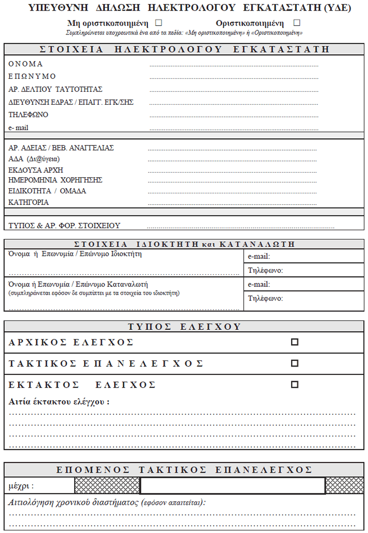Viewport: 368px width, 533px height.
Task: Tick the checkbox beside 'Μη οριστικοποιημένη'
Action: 158,22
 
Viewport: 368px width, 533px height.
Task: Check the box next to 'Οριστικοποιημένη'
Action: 297,22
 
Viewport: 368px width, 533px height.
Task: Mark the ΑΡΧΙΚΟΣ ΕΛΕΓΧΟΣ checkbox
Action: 295,342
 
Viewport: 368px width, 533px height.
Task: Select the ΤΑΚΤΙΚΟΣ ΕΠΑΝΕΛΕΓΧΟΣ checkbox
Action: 295,363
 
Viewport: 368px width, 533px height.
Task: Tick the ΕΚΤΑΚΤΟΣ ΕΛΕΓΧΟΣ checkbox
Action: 295,384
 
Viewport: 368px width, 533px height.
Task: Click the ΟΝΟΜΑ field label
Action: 26,64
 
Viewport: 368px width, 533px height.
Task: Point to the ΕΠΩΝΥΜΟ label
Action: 32,77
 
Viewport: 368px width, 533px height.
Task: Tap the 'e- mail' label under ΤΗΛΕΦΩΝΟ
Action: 19,128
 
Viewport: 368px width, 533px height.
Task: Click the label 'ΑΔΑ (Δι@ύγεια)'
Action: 34,159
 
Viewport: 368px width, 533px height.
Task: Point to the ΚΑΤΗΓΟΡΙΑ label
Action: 29,202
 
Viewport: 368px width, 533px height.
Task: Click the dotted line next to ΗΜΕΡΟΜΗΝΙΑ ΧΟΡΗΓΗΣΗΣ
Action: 232,182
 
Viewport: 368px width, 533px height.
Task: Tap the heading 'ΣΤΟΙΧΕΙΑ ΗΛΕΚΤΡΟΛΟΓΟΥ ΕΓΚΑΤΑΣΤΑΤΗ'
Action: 184,49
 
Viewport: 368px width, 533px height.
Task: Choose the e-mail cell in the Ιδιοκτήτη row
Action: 303,257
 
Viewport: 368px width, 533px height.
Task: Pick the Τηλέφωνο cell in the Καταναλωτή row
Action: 303,299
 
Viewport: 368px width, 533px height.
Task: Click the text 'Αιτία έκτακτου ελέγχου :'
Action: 59,401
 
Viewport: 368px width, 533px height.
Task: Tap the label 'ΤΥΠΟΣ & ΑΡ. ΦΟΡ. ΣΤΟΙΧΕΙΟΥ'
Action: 64,225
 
